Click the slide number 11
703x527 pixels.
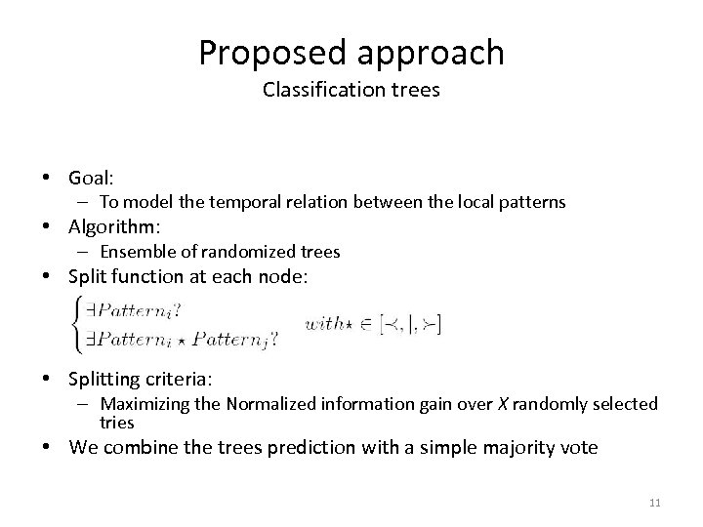coord(654,503)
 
